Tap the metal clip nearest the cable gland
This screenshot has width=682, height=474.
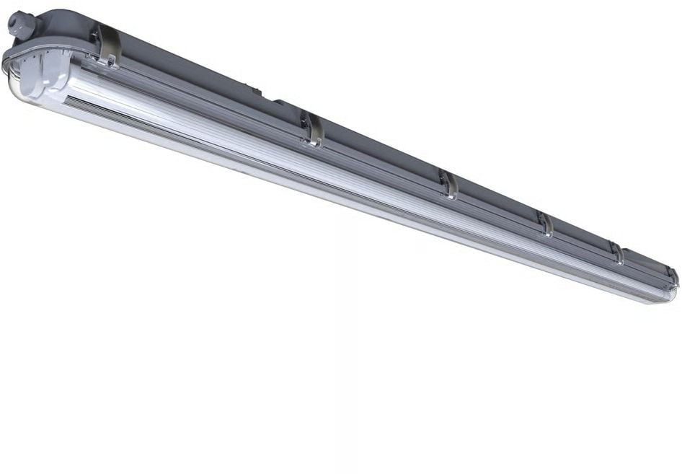pos(107,45)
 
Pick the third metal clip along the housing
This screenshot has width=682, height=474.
pos(448,184)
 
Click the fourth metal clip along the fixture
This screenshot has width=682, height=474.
pos(545,223)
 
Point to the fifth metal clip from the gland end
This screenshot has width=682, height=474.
pos(617,253)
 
